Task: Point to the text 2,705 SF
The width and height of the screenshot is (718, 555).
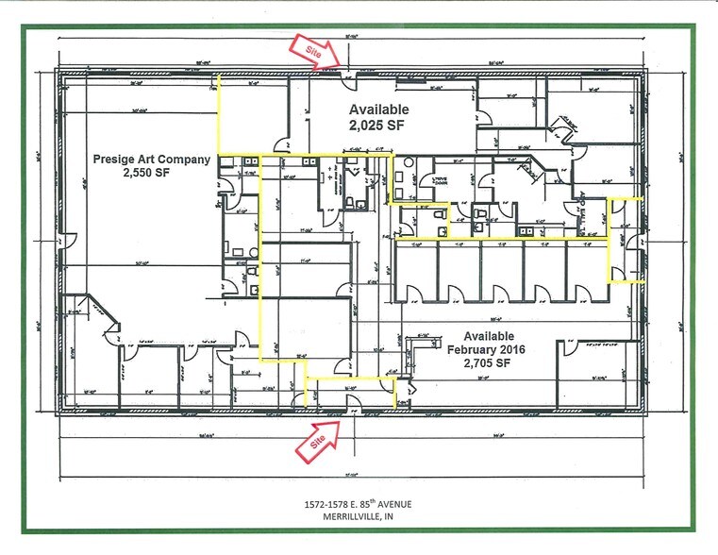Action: pyautogui.click(x=488, y=362)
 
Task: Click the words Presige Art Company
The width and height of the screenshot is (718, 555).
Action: pyautogui.click(x=151, y=160)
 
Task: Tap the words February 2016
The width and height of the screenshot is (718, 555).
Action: pyautogui.click(x=488, y=349)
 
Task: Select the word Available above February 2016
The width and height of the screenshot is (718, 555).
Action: pyautogui.click(x=488, y=336)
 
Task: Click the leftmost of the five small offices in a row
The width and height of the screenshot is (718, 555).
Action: pyautogui.click(x=416, y=272)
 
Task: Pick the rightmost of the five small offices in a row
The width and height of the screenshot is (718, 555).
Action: pyautogui.click(x=586, y=272)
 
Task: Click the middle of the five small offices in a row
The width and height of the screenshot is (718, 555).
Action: pyautogui.click(x=501, y=272)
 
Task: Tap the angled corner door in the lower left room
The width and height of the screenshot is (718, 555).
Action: pyautogui.click(x=111, y=326)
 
